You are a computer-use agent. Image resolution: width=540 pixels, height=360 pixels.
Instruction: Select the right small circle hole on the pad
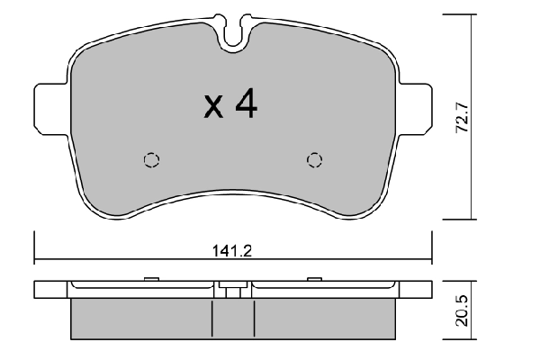click(x=314, y=159)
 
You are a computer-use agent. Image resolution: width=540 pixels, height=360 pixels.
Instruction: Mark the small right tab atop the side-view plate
click(x=314, y=278)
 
